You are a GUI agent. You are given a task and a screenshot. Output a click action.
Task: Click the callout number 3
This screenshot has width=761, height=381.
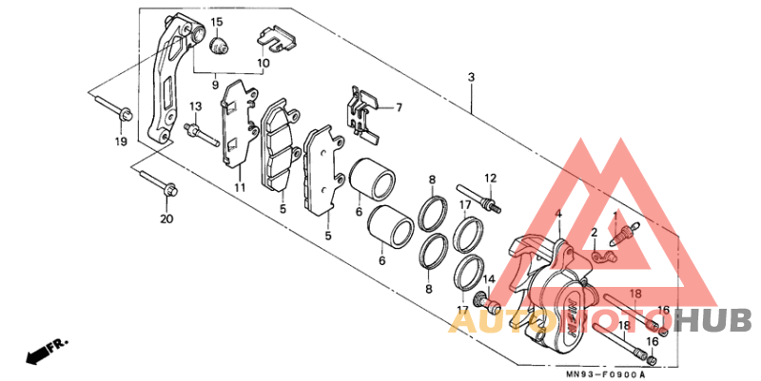[x=471, y=77]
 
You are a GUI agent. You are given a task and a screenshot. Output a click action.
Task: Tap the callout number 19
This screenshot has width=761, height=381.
[x=121, y=142]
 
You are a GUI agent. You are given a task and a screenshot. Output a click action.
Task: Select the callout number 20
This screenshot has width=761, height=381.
[x=166, y=219]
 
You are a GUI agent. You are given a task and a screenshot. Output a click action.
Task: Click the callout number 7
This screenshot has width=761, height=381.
[x=399, y=107]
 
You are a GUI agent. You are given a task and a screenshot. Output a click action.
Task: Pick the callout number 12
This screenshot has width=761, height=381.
[x=491, y=178]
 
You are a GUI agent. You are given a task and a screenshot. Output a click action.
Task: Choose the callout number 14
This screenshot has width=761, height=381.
[x=488, y=279]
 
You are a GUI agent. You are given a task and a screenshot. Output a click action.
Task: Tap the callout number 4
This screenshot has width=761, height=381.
[x=558, y=214]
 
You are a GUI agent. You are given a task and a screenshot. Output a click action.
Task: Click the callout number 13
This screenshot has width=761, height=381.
[x=195, y=105]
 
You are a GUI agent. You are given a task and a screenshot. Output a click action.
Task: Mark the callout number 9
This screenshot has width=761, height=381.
[x=215, y=86]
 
